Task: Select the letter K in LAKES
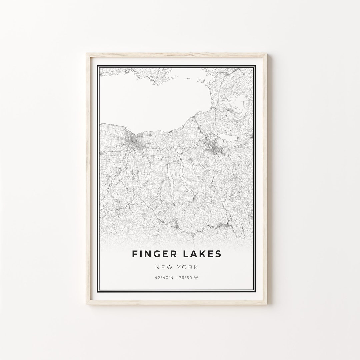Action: [203, 254]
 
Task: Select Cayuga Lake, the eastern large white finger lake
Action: [184, 177]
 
